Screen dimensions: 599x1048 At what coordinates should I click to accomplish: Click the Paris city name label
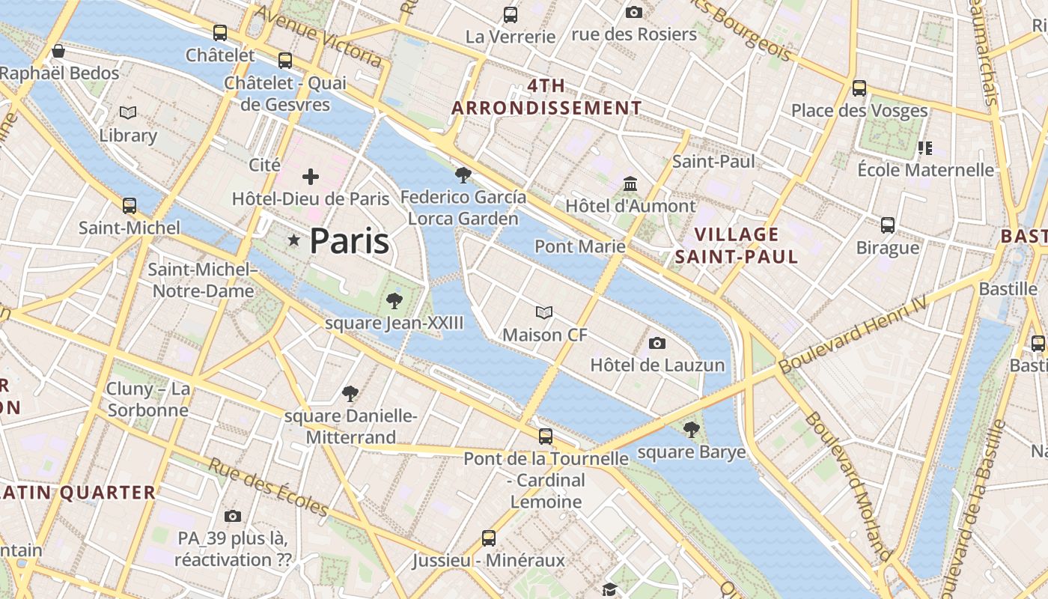(349, 241)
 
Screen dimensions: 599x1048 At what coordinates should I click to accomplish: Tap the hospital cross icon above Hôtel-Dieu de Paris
(310, 177)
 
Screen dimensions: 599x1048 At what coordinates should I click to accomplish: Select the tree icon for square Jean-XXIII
(394, 301)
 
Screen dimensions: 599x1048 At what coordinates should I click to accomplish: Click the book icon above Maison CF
(544, 312)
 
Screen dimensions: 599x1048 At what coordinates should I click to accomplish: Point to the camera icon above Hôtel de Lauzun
(657, 343)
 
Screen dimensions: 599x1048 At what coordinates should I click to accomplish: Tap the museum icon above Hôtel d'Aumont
(630, 183)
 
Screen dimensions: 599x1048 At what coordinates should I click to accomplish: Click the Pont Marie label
(579, 246)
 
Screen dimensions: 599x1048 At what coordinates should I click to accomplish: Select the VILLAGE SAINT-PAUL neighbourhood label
(737, 246)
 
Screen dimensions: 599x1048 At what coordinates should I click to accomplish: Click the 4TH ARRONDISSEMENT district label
(546, 97)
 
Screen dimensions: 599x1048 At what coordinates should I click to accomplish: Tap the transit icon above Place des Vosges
(859, 88)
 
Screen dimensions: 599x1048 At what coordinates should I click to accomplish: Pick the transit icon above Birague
(888, 225)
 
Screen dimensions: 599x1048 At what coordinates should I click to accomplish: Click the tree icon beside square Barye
(692, 430)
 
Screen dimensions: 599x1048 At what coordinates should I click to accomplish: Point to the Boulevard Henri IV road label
(853, 335)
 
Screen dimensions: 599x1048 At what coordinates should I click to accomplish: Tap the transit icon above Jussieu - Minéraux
(489, 538)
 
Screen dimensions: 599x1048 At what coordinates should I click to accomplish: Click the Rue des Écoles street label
(268, 487)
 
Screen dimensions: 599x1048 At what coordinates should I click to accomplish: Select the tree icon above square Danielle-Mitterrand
(350, 394)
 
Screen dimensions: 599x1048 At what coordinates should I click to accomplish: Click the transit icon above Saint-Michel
(130, 205)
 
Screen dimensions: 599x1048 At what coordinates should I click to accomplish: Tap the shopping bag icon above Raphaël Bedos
(58, 51)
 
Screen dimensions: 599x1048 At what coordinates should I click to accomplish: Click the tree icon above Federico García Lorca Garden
(463, 175)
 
